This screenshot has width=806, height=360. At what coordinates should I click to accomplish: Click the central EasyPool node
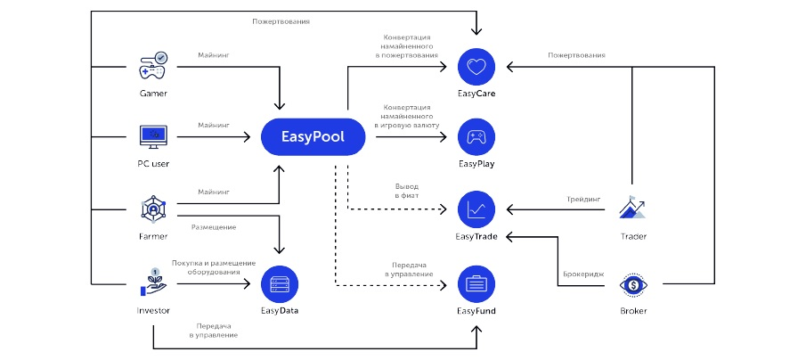pos(314,138)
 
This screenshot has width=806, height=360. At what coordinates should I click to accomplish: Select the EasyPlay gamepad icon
pos(476,138)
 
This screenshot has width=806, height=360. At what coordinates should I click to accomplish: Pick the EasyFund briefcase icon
pos(476,283)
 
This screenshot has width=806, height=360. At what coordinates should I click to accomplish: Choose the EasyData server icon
pos(280,283)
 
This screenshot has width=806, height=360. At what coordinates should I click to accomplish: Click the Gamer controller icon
pos(153,66)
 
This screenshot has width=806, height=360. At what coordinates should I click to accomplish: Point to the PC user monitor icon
pos(153,137)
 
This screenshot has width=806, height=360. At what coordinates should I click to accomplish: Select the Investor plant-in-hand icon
pos(153,282)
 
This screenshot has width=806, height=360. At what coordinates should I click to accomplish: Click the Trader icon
pos(633,209)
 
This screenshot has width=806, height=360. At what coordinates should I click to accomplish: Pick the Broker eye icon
pos(633,283)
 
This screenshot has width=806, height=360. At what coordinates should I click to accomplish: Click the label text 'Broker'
pos(633,311)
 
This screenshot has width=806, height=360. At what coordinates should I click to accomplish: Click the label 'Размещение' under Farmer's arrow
pos(214,227)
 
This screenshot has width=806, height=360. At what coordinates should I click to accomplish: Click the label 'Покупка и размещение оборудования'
pos(214,267)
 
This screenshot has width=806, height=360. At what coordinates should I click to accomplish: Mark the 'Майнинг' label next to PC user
pos(214,127)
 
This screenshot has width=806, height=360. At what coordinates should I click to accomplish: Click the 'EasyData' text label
pos(280,311)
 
